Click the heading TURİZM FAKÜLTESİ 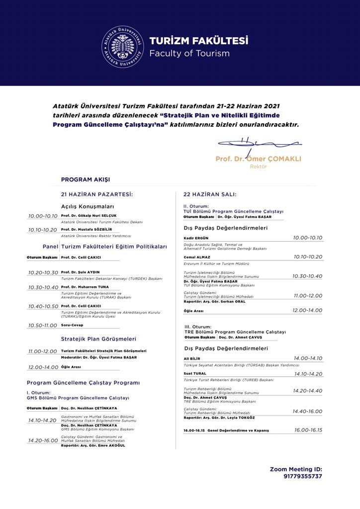click(x=198, y=41)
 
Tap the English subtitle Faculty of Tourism click(x=189, y=53)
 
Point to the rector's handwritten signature click(x=259, y=144)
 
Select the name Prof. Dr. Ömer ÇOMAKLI click(x=258, y=159)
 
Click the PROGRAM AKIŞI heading click(x=86, y=179)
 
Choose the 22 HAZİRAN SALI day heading click(x=210, y=194)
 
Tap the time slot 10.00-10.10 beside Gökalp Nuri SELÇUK click(x=43, y=216)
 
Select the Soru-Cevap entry click(x=72, y=325)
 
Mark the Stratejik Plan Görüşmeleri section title click(x=98, y=339)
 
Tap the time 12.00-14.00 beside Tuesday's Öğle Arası click(x=307, y=310)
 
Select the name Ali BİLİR click(x=191, y=358)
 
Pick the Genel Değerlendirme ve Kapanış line click(x=226, y=430)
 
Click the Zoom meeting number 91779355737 click(x=303, y=476)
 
